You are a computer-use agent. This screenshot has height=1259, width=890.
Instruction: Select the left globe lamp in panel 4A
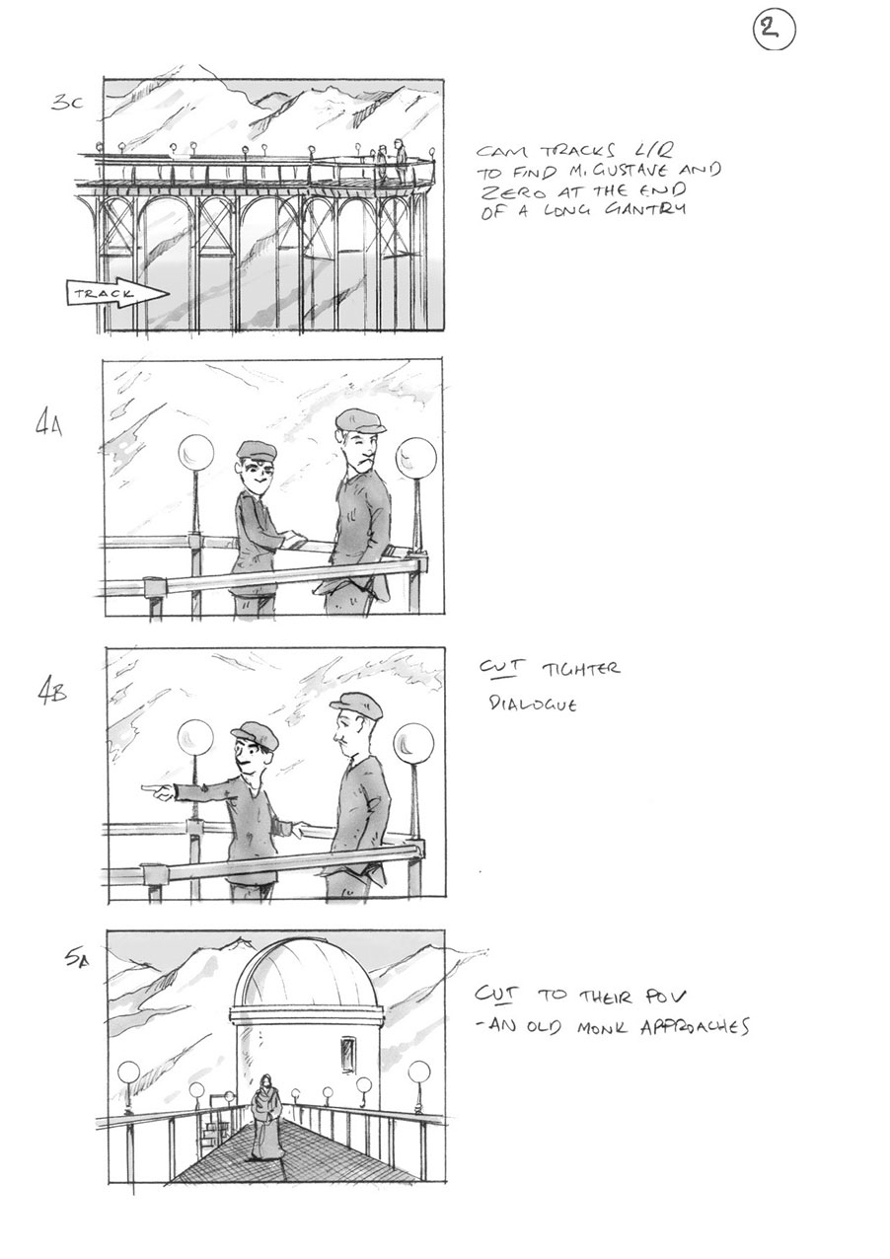195,455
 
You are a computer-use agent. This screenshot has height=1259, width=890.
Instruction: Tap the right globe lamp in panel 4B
412,742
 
